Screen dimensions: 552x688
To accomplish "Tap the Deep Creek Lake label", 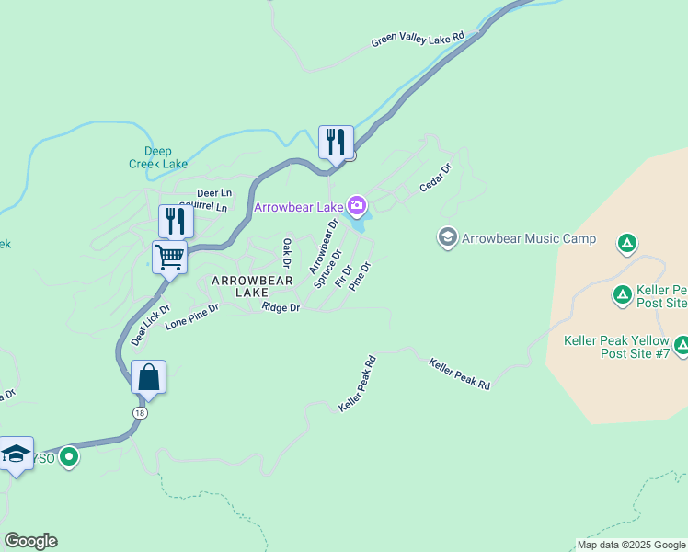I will point(157,157).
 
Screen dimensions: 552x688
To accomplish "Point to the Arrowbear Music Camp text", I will point(529,239).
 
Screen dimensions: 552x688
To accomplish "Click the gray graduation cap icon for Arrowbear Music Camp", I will point(448,238).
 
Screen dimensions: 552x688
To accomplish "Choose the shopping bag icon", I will point(148,377).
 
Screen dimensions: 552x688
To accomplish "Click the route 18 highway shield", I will point(140,412).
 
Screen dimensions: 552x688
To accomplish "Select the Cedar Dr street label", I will point(435,178).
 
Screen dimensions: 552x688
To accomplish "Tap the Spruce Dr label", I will point(327,268).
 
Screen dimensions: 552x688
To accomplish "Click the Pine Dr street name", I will point(360,276).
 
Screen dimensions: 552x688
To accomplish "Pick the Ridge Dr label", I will point(281,307).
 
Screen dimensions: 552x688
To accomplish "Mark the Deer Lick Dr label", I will point(151,325).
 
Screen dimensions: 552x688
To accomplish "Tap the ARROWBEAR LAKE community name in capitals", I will point(251,286).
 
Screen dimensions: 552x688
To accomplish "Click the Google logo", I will point(30,541).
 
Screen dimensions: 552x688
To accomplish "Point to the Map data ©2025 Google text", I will point(630,545).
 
